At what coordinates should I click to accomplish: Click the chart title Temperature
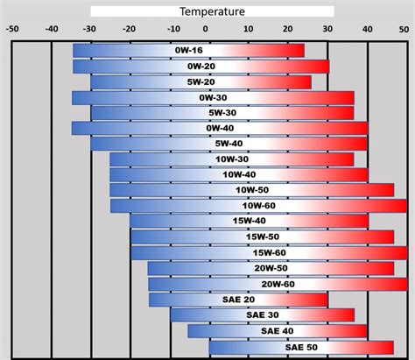pos(212,11)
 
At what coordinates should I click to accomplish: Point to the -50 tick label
pos(12,27)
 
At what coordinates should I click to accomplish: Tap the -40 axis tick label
pos(53,27)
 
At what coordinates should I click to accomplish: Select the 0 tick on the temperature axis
pos(210,27)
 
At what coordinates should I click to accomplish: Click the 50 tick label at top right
pos(406,27)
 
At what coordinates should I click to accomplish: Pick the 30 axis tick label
pos(327,27)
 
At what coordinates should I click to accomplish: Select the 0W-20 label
pos(200,67)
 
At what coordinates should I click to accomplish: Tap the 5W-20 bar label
pos(200,82)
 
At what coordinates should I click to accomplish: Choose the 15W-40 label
pos(250,222)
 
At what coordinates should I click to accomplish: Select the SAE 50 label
pos(300,347)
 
